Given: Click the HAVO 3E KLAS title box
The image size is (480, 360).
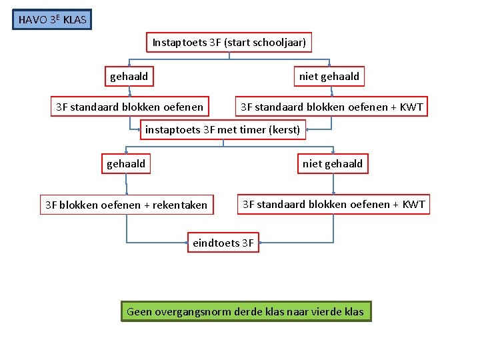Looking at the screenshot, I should (52, 19).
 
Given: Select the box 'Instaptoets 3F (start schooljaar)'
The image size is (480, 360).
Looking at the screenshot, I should (229, 43).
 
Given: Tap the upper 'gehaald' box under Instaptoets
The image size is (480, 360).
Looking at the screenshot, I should (129, 77).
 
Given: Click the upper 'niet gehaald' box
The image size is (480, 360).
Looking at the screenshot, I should (329, 77).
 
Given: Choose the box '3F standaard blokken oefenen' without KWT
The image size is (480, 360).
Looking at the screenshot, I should (129, 107).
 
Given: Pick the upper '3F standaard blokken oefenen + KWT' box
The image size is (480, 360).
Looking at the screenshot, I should (332, 107).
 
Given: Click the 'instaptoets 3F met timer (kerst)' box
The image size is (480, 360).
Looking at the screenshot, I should (223, 129).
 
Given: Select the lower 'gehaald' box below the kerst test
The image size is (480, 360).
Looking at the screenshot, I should (126, 163).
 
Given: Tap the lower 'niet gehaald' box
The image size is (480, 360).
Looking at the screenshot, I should (333, 163).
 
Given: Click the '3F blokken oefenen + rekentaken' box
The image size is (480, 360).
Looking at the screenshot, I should (126, 205).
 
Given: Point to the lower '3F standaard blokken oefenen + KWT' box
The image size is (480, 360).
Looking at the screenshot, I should (333, 204).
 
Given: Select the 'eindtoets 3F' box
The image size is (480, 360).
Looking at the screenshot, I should (223, 243).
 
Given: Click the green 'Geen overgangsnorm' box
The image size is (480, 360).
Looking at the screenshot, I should (245, 311).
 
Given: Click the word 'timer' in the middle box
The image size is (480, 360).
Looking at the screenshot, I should (253, 129).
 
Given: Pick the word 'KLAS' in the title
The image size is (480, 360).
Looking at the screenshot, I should (75, 20).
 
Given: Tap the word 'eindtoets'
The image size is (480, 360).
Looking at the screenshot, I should (215, 243).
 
